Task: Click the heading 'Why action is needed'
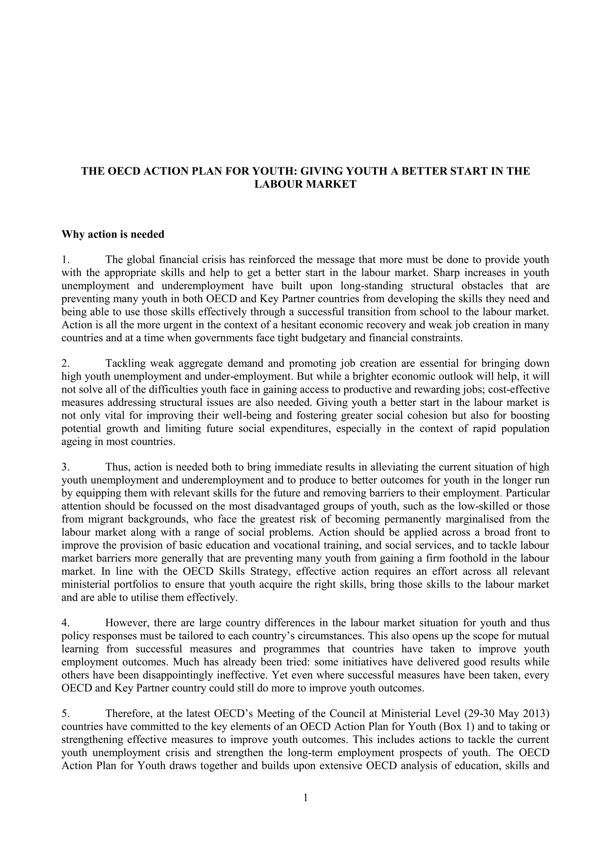[x=113, y=235]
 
